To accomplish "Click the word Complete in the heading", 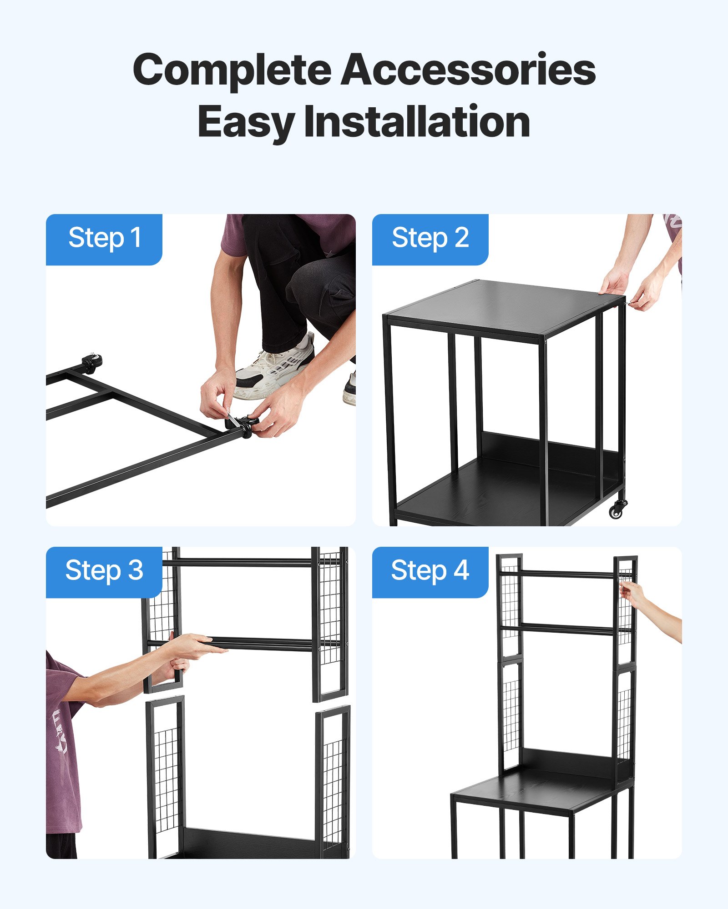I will (x=232, y=70).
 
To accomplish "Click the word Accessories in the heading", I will (x=469, y=70).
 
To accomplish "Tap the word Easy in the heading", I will (x=246, y=122).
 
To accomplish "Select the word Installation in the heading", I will (x=417, y=122).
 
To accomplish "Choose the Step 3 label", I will (x=104, y=571).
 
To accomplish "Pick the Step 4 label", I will (x=430, y=571).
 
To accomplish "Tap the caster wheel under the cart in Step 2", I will (x=618, y=509).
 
